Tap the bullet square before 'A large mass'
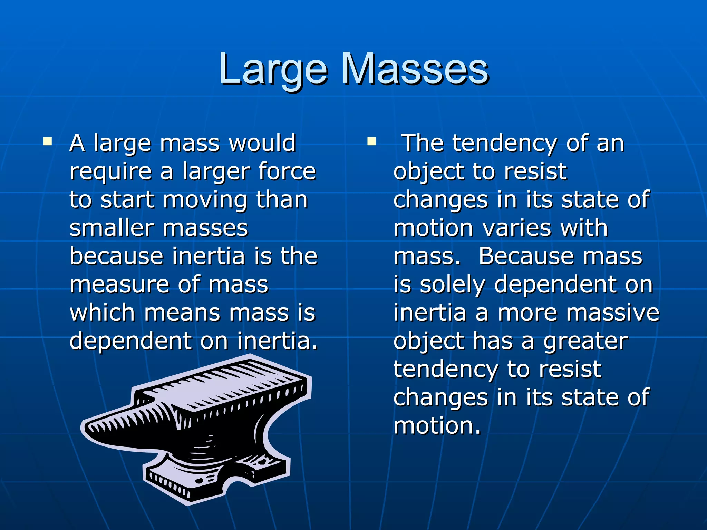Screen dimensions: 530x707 pyautogui.click(x=48, y=141)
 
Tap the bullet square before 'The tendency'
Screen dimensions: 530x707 pyautogui.click(x=371, y=141)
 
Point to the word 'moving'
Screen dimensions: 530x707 pyautogui.click(x=205, y=200)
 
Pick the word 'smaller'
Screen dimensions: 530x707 pyautogui.click(x=112, y=228)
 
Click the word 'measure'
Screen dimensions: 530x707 pyautogui.click(x=119, y=285)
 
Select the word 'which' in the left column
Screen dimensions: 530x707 pyautogui.click(x=102, y=313)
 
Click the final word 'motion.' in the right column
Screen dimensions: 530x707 pyautogui.click(x=437, y=426)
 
